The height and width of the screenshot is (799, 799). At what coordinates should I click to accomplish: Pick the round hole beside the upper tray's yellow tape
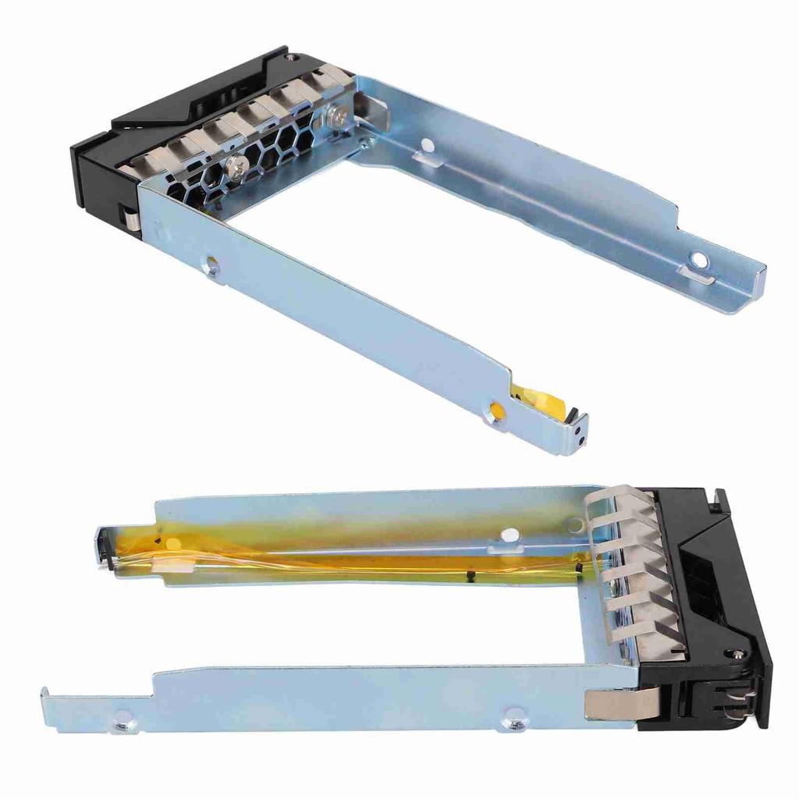coord(495,407)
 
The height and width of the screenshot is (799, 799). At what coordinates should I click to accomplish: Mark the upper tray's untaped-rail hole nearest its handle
coord(427,145)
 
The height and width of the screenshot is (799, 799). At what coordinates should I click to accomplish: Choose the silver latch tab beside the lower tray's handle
coord(616,702)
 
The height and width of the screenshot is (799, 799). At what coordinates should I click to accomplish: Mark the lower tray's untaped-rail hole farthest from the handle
coord(123,723)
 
